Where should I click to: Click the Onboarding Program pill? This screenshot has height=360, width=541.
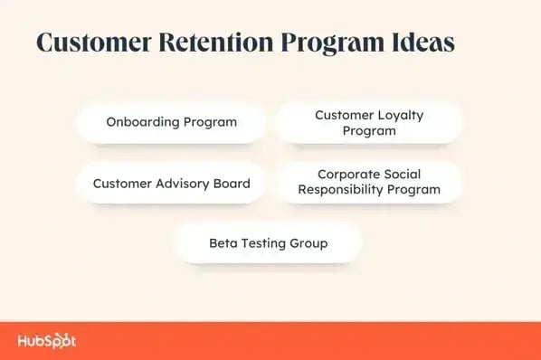[171, 122]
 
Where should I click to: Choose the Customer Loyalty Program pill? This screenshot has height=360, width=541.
[368, 122]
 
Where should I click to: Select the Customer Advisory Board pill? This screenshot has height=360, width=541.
[171, 183]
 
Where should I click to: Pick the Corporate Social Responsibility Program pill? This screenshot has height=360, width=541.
[368, 182]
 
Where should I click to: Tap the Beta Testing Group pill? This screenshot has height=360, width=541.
[268, 242]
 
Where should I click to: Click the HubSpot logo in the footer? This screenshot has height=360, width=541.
[46, 341]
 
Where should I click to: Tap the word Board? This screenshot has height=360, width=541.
[232, 183]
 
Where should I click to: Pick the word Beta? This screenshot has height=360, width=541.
[223, 242]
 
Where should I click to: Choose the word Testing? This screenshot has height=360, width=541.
[262, 242]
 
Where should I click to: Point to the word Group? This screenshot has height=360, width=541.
[308, 242]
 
